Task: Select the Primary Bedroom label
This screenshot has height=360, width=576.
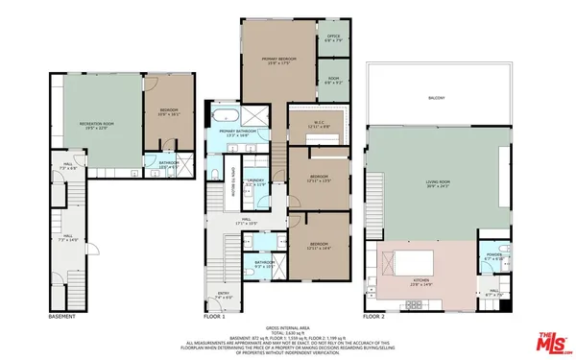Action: [277, 61]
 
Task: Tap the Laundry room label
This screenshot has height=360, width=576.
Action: [254, 181]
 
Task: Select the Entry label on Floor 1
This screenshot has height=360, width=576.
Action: [224, 298]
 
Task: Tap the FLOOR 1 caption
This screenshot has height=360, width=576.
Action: [215, 315]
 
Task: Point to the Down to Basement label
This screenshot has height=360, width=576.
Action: [230, 182]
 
